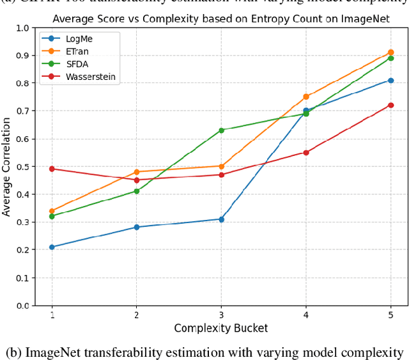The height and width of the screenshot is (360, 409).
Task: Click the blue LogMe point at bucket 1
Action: click(x=52, y=247)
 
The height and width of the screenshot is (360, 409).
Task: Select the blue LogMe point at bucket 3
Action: click(x=221, y=219)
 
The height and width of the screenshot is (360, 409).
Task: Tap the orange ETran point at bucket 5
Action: click(x=390, y=52)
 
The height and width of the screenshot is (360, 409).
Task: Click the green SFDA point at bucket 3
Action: click(x=221, y=130)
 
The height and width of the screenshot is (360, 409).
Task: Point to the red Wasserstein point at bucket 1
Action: click(x=52, y=169)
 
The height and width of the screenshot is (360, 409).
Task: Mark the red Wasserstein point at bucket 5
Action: click(x=390, y=105)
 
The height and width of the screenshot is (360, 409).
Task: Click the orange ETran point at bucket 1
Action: click(x=52, y=211)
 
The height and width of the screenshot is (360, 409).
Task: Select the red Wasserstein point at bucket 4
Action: click(x=306, y=152)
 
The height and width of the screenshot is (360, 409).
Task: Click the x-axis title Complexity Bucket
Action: click(x=221, y=328)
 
